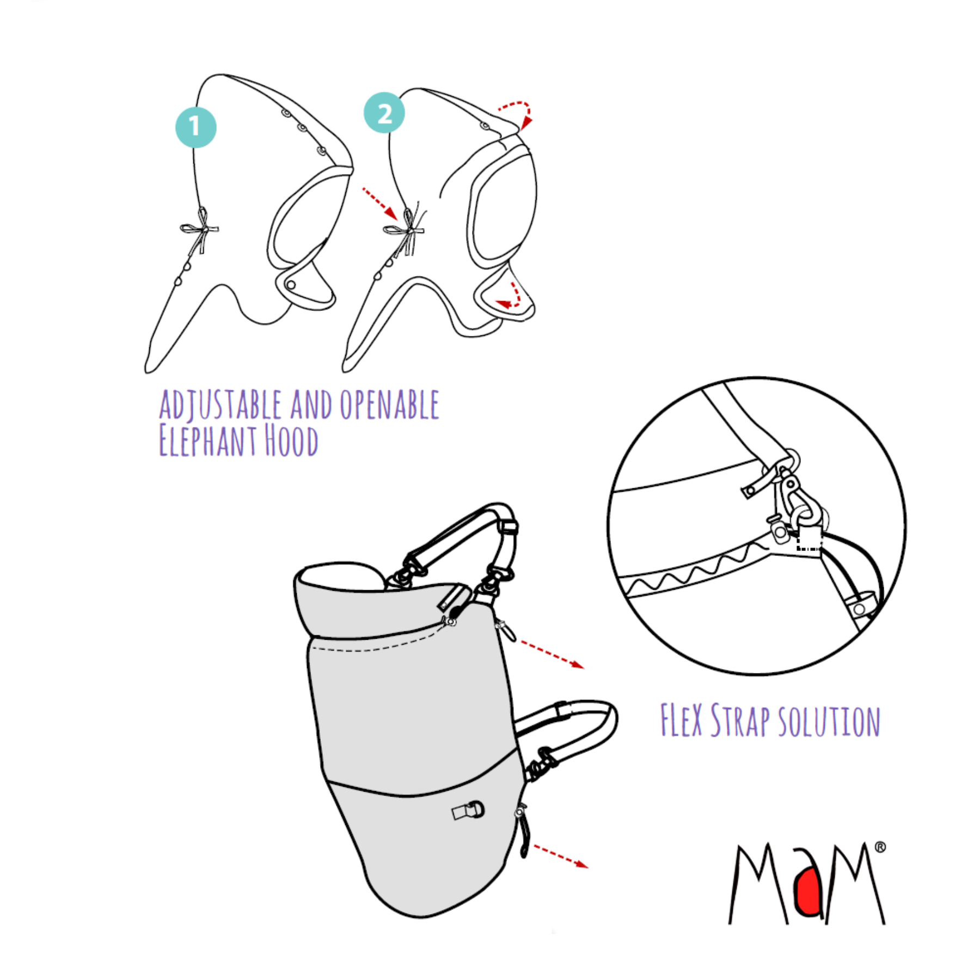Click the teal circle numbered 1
pyautogui.click(x=195, y=127)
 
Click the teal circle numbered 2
pyautogui.click(x=384, y=113)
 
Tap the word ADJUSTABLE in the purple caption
pyautogui.click(x=220, y=405)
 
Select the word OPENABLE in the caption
pyautogui.click(x=389, y=405)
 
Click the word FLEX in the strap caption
pyautogui.click(x=681, y=719)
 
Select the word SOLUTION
pyautogui.click(x=829, y=721)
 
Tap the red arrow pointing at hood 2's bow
pyautogui.click(x=380, y=204)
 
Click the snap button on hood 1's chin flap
pyautogui.click(x=291, y=285)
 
